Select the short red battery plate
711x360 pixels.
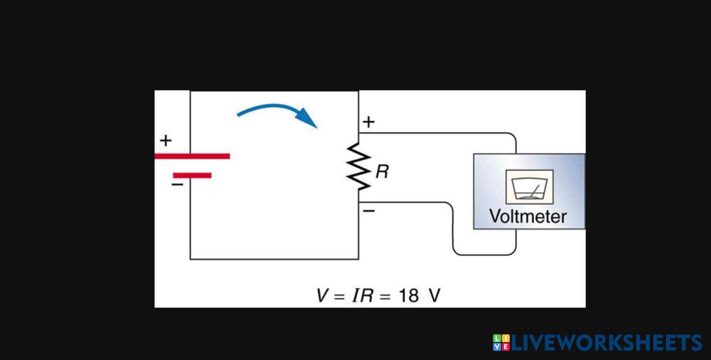[192, 174]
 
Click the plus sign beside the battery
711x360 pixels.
[166, 140]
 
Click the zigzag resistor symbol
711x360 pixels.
[359, 167]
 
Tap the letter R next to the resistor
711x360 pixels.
[382, 171]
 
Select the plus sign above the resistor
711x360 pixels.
[368, 122]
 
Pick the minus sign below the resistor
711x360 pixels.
[368, 211]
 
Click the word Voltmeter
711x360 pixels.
[528, 216]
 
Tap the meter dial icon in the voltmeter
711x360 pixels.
[529, 187]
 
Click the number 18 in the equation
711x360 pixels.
[409, 295]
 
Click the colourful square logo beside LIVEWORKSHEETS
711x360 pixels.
[501, 343]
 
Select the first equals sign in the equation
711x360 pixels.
[341, 295]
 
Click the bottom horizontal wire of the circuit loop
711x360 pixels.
[274, 259]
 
